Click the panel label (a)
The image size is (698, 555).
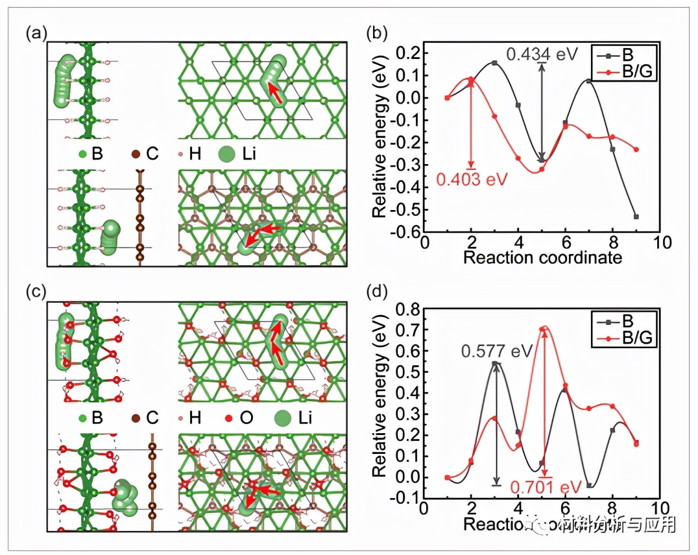[36, 33]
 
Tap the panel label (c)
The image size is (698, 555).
[36, 292]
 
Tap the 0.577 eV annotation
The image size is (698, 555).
[496, 351]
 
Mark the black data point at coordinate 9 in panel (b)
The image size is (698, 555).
[636, 217]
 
